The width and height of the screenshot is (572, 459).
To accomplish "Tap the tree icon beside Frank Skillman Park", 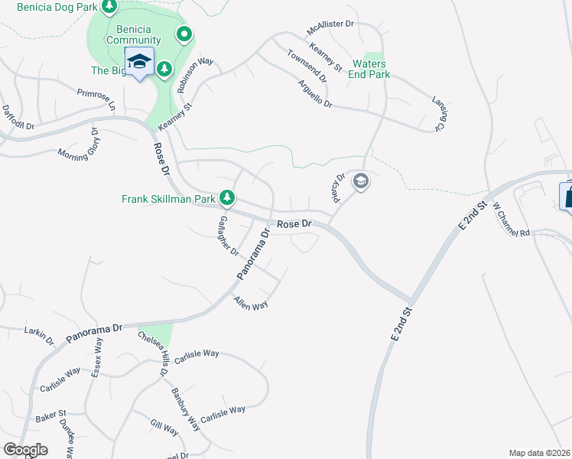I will pos(227,198).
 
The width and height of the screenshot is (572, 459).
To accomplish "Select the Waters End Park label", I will pos(369,69).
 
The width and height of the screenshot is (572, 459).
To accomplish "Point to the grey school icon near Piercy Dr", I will pos(361,181).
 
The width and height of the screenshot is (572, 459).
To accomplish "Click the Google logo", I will pos(25,450).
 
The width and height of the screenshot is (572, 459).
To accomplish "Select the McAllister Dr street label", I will pos(330,34).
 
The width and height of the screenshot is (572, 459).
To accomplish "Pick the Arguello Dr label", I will pos(315,93).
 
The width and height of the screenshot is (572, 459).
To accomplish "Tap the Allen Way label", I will pos(251,303).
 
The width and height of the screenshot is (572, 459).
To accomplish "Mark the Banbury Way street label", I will pos(184,411).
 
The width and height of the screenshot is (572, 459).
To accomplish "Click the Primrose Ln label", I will pos(96,99).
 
